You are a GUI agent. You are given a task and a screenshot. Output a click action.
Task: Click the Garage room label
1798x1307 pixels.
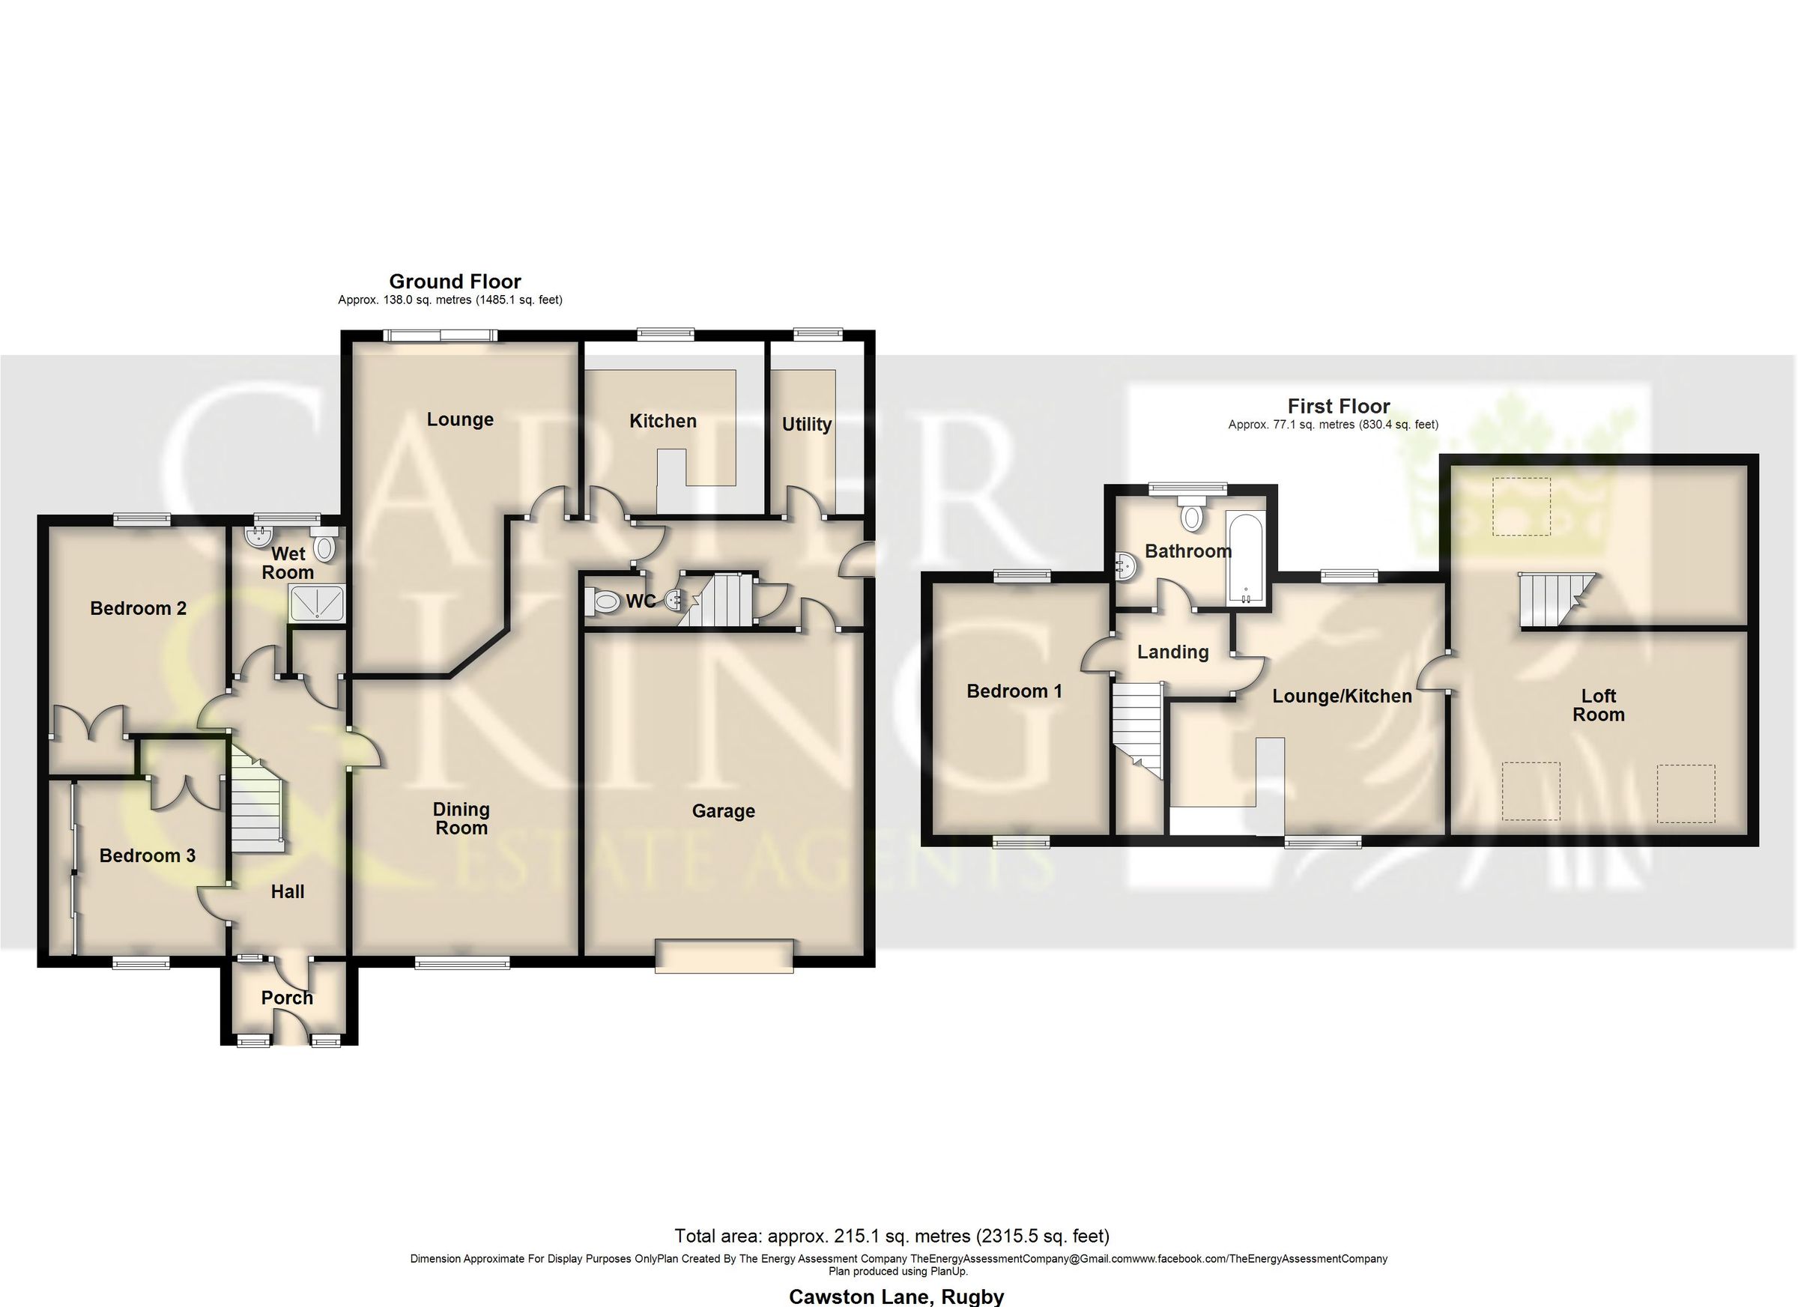[x=723, y=811]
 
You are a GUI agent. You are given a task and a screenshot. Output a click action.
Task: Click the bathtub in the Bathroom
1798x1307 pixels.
[x=1245, y=557]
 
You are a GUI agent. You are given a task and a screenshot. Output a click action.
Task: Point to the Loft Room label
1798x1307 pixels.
[x=1598, y=705]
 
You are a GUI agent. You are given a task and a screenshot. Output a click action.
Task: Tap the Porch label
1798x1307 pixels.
[x=287, y=997]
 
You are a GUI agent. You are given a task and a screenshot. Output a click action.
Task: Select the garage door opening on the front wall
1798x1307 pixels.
[x=724, y=955]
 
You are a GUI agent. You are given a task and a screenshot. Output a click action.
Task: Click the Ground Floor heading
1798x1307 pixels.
[x=455, y=282]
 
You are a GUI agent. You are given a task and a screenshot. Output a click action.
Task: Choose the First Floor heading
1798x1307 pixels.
[x=1338, y=406]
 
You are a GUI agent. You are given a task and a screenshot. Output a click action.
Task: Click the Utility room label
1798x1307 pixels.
[x=807, y=424]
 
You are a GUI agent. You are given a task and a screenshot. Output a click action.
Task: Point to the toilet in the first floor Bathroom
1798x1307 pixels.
[x=1190, y=516]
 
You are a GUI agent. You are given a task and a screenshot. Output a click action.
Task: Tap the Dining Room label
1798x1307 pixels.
[x=461, y=818]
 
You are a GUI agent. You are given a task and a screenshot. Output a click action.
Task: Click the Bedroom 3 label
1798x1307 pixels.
[x=148, y=855]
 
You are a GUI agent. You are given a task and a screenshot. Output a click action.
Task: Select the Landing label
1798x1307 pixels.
[x=1172, y=652]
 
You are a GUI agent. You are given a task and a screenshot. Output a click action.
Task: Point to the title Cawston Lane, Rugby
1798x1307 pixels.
[x=896, y=1296]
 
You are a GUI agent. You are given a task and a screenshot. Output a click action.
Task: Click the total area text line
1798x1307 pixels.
[x=892, y=1236]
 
